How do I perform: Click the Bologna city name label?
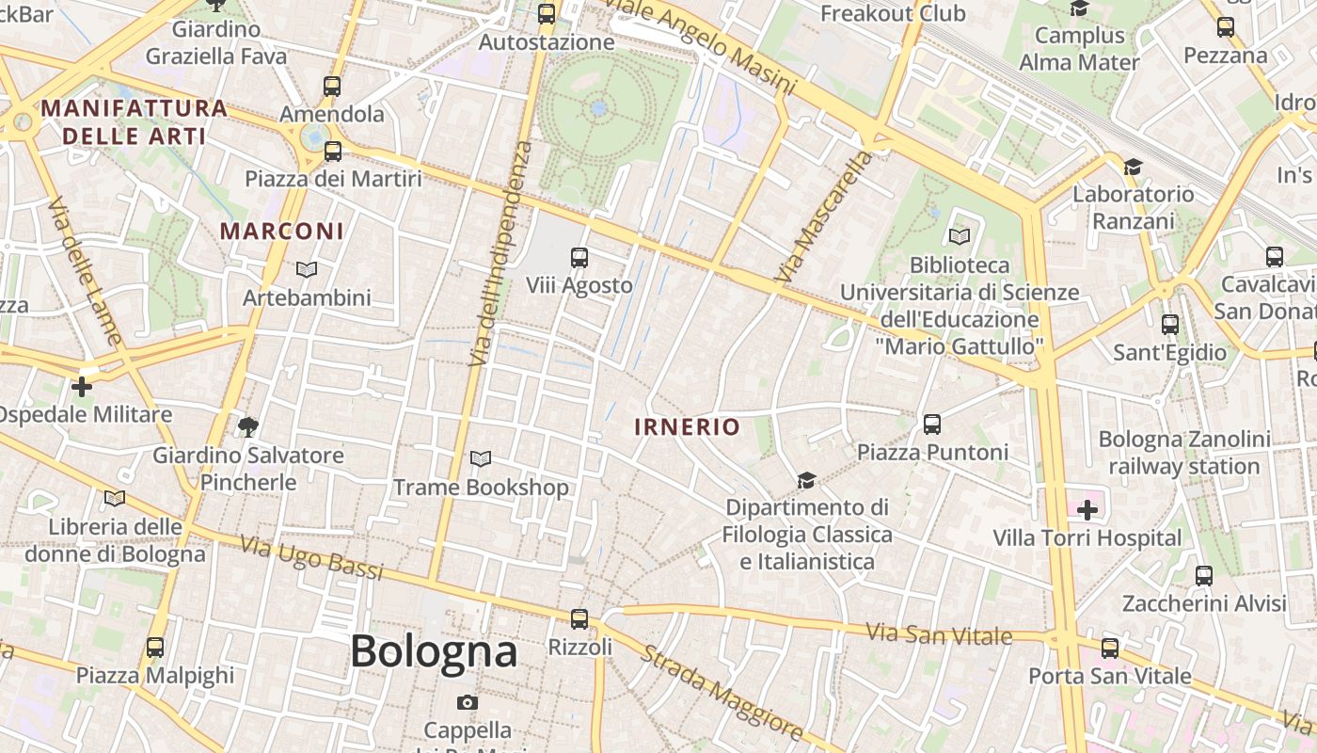pos(434,651)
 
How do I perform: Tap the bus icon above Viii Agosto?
pos(579,257)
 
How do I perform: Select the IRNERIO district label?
pos(687,426)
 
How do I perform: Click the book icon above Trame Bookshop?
pos(481,459)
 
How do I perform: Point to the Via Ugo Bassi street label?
pos(311,557)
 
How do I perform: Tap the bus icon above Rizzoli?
pos(579,619)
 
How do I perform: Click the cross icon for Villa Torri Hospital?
pos(1087,510)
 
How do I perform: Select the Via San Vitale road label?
pos(939,633)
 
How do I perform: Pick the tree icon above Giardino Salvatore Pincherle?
pos(248,427)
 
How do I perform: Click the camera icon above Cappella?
pos(468,702)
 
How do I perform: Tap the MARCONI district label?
pos(282,231)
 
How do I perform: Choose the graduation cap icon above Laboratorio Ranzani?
pos(1133,167)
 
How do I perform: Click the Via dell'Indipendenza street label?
pos(502,254)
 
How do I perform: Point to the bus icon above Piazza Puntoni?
pos(932,424)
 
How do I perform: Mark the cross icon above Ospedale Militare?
pos(82,386)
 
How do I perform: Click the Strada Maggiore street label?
pos(722,692)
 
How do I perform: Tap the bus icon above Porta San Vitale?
pos(1110,648)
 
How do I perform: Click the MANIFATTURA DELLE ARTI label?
pos(134,121)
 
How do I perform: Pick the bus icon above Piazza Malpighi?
pos(155,648)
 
